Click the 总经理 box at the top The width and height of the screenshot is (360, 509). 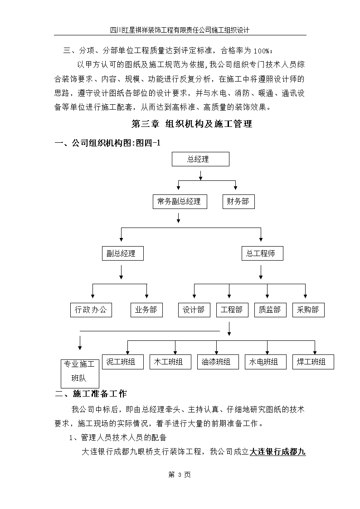pos(200,159)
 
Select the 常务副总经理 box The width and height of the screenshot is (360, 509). pos(180,202)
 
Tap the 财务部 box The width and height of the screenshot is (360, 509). pos(238,202)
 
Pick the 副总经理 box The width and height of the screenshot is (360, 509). pos(123,253)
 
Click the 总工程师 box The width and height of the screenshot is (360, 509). pos(262,253)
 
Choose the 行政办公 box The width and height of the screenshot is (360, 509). pos(91,310)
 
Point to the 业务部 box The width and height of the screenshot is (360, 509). pos(146,310)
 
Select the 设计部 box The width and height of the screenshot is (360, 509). pos(194,310)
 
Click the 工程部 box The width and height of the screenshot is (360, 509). pos(232,310)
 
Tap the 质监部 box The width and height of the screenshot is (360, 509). pos(270,310)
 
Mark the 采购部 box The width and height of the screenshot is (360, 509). pos(308,310)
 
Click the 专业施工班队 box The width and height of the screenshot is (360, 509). pos(80,373)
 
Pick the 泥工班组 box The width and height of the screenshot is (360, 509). pos(123,362)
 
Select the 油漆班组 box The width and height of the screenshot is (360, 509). pos(218,362)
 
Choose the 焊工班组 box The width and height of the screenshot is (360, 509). pos(313,362)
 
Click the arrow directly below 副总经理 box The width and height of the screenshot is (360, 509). pos(121,272)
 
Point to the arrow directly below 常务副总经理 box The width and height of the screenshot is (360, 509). pos(178,218)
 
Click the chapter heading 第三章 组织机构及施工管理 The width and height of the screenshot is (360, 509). pos(191,124)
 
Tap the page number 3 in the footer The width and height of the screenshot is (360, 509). pos(180,475)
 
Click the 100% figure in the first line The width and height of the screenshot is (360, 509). pos(261,51)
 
